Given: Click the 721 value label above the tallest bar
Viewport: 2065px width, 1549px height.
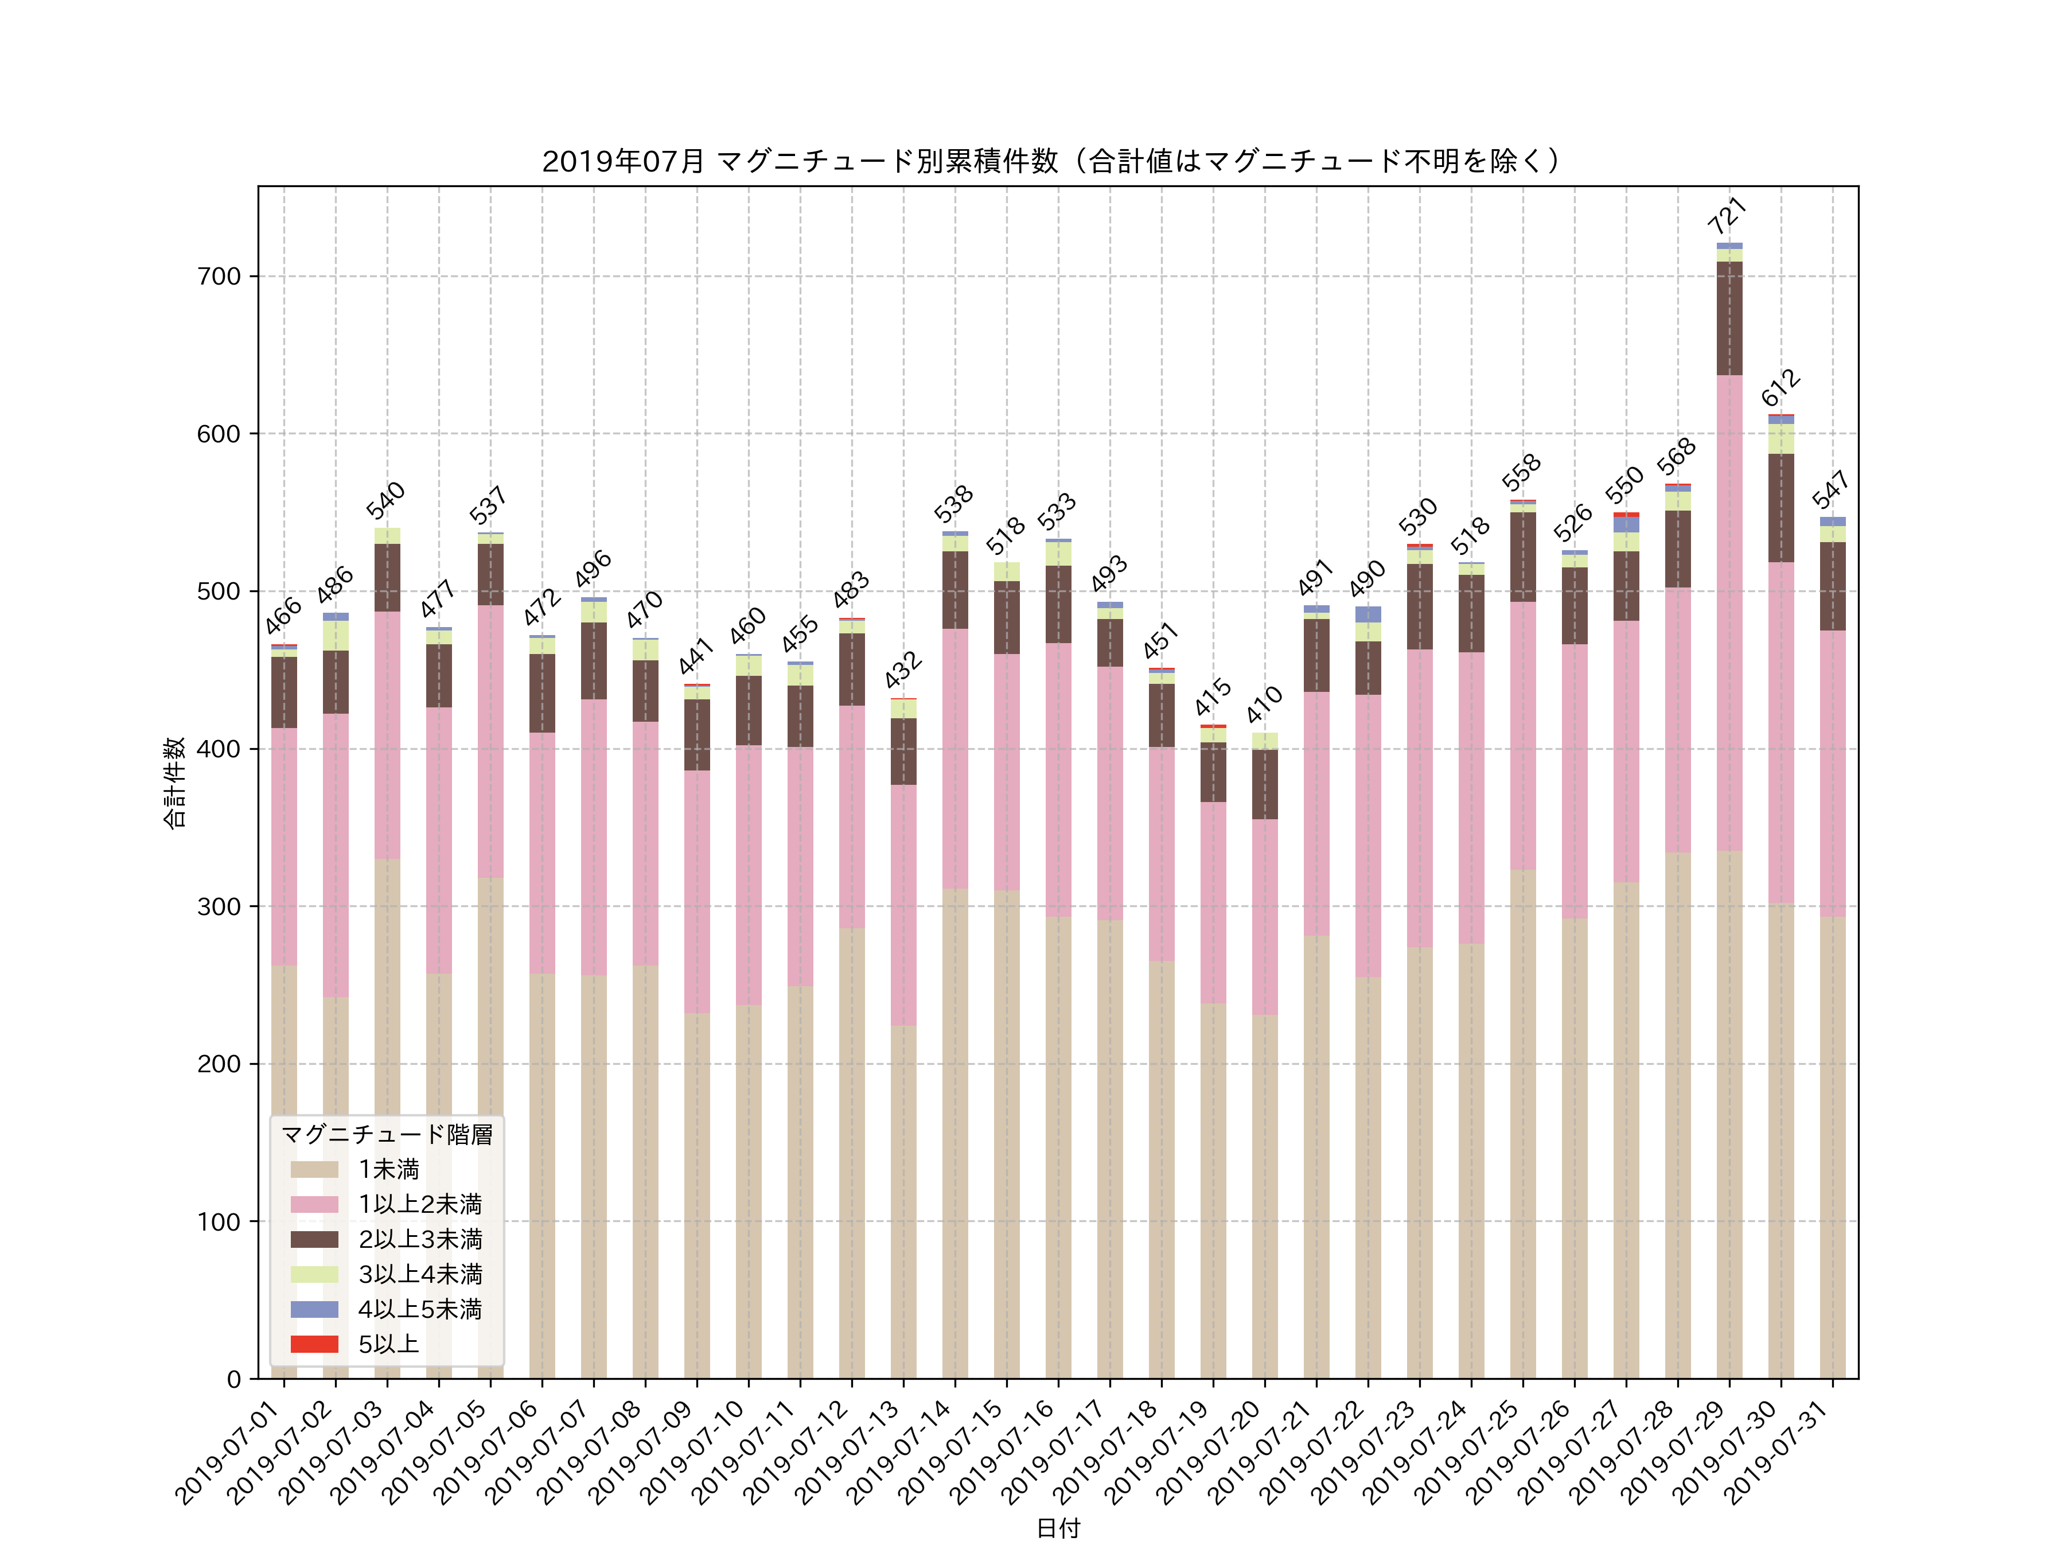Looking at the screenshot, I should [1727, 217].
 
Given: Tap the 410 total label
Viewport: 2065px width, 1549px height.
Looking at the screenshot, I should [1264, 705].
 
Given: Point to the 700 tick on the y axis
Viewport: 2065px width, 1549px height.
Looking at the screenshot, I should [219, 277].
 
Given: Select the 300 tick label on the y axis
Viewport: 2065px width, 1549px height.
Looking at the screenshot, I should [219, 906].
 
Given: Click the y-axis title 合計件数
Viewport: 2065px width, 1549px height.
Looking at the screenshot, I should [174, 783].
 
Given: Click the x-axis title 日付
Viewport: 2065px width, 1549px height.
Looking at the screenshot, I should [1058, 1528].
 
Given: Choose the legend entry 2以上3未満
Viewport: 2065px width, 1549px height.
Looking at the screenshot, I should [420, 1239].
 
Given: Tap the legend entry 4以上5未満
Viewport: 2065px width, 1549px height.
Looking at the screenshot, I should [420, 1309].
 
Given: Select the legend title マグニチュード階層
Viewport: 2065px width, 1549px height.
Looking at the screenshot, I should [387, 1134].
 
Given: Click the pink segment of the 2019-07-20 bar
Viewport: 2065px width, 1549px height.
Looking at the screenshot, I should [1265, 917].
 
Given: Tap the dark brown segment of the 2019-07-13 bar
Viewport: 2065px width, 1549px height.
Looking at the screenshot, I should [903, 752].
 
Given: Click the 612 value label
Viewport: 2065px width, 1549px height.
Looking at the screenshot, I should [1780, 387].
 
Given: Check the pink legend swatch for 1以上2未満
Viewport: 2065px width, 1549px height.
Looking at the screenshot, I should [314, 1204].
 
